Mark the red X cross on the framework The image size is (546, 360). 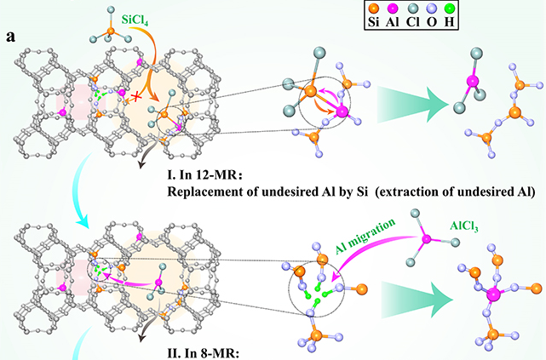coord(133,98)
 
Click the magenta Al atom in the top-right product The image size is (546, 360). coord(468,82)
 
